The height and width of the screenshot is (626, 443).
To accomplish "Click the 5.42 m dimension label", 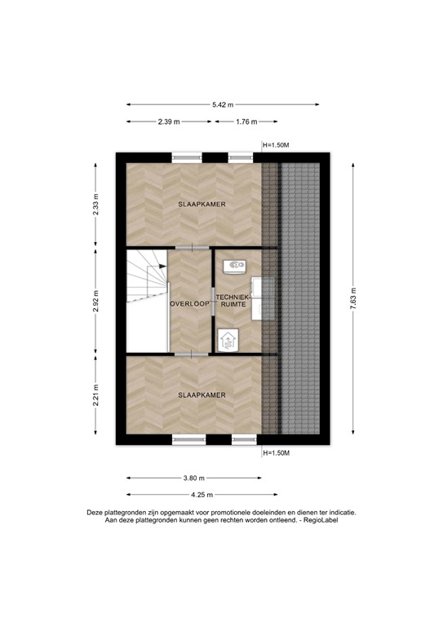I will (223, 104).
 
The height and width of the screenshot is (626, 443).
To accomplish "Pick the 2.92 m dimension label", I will (95, 300).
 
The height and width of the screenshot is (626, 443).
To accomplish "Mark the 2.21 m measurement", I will (95, 398).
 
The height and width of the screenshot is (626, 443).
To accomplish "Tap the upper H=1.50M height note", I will (276, 145).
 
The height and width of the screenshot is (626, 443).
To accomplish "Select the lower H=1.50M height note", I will (276, 452).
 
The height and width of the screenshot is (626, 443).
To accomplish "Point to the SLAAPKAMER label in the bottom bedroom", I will (202, 395).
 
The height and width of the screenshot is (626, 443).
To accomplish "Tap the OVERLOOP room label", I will (189, 303).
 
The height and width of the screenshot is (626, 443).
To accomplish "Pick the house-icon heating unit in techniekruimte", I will (228, 339).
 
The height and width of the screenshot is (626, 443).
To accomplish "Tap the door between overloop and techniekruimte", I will (213, 302).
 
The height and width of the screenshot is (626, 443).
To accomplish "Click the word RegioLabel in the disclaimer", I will (320, 519).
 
